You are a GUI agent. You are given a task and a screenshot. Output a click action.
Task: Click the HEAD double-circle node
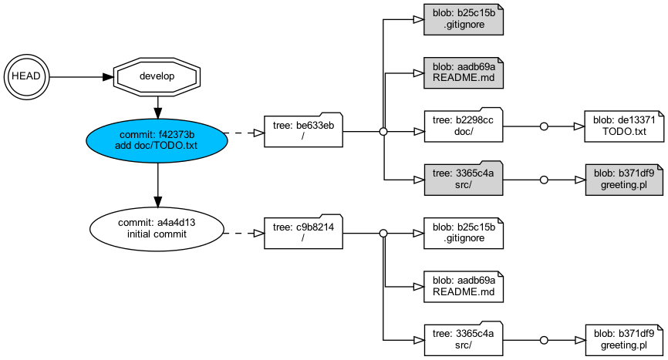(26, 76)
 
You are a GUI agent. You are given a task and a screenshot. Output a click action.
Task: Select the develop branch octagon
(157, 76)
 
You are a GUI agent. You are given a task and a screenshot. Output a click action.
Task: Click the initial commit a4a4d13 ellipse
(157, 228)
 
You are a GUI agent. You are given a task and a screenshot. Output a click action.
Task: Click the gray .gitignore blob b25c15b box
(464, 19)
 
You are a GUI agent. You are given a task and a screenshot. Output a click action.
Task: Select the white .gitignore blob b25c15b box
(464, 232)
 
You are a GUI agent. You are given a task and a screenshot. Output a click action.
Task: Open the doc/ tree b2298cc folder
(464, 126)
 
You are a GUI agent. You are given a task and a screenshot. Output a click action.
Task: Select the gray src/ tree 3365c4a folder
(464, 179)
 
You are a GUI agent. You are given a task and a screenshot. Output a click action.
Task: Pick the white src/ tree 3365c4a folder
(464, 339)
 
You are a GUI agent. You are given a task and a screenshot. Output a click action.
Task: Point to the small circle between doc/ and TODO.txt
(544, 126)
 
